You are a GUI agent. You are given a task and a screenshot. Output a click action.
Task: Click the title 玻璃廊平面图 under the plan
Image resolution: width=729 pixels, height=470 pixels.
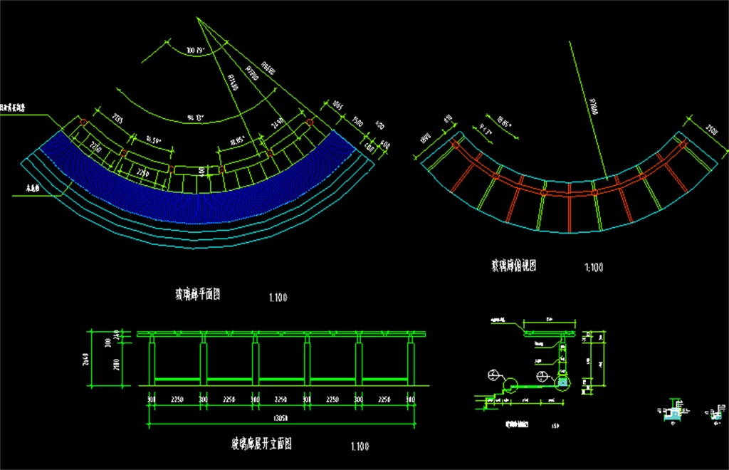click(198, 295)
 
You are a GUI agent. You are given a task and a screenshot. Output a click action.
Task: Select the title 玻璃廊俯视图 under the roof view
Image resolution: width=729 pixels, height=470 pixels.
click(513, 266)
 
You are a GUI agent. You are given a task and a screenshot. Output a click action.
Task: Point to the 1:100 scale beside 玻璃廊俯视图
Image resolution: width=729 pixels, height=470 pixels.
click(593, 268)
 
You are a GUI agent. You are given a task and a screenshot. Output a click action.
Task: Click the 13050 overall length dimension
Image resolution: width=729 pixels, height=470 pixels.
click(281, 418)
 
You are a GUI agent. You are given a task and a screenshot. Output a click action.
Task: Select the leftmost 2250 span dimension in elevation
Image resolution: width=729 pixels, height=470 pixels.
click(177, 399)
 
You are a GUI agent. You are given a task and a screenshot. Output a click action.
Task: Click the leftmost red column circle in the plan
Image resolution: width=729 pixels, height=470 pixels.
click(83, 122)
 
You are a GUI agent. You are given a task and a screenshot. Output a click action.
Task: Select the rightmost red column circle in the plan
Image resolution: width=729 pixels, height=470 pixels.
click(310, 122)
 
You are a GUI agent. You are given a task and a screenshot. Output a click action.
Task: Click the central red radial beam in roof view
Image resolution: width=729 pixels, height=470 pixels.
click(569, 211)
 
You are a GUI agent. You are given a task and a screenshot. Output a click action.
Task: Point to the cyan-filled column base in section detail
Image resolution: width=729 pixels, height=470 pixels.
click(563, 383)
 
